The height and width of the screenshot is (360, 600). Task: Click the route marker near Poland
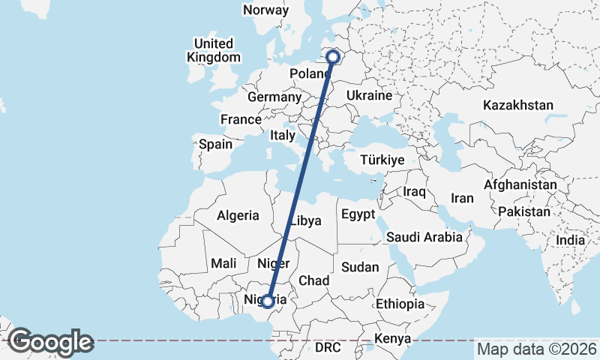(x=333, y=55)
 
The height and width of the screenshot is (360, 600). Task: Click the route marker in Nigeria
(x=268, y=301)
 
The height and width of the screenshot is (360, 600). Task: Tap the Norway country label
(x=265, y=10)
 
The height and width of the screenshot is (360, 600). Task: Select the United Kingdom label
(x=214, y=50)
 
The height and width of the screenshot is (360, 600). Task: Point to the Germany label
(x=274, y=97)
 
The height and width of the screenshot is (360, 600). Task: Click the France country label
(x=241, y=119)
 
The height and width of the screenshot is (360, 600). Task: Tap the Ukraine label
(x=369, y=96)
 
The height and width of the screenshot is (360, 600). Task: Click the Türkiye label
(x=382, y=160)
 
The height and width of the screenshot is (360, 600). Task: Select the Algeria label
(x=238, y=215)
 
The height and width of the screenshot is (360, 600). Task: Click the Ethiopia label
(x=400, y=304)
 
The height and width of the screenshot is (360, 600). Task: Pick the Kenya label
(x=393, y=339)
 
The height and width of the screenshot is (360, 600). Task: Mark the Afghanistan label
(x=520, y=184)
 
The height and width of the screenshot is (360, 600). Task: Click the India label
(x=570, y=240)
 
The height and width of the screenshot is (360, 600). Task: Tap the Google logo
(x=49, y=341)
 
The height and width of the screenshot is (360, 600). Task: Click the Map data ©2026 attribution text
(x=537, y=349)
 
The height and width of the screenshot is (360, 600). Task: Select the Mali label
(x=223, y=263)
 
